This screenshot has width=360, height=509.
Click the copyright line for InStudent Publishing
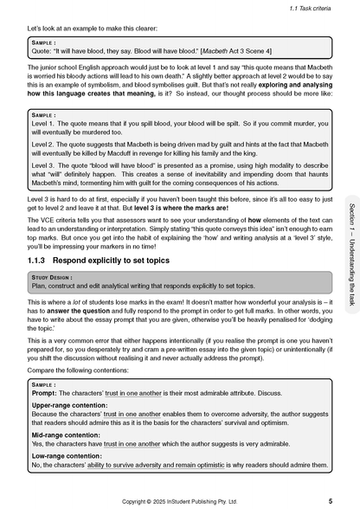(178, 500)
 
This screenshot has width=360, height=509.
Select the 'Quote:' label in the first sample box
(41, 48)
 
